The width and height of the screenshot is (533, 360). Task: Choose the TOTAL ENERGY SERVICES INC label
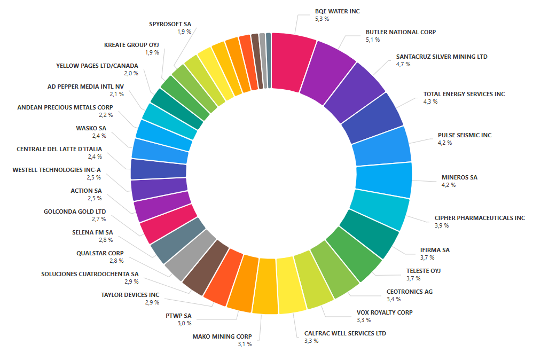[464, 94]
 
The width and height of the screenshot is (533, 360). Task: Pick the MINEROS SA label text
[459, 177]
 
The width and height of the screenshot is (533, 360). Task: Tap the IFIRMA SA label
[435, 250]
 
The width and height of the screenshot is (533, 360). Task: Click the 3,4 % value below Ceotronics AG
[394, 299]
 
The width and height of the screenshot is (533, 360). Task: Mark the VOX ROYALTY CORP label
[385, 312]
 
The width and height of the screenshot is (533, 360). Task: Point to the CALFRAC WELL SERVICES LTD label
[345, 333]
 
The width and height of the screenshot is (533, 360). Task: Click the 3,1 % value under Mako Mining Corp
[245, 344]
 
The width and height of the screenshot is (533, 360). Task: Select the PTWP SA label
[178, 316]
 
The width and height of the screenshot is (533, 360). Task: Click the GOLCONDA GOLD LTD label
[75, 212]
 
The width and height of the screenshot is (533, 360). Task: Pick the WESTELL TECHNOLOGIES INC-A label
[57, 170]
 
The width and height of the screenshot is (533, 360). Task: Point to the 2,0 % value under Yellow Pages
[116, 73]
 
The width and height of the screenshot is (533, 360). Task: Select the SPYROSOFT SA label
[170, 24]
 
